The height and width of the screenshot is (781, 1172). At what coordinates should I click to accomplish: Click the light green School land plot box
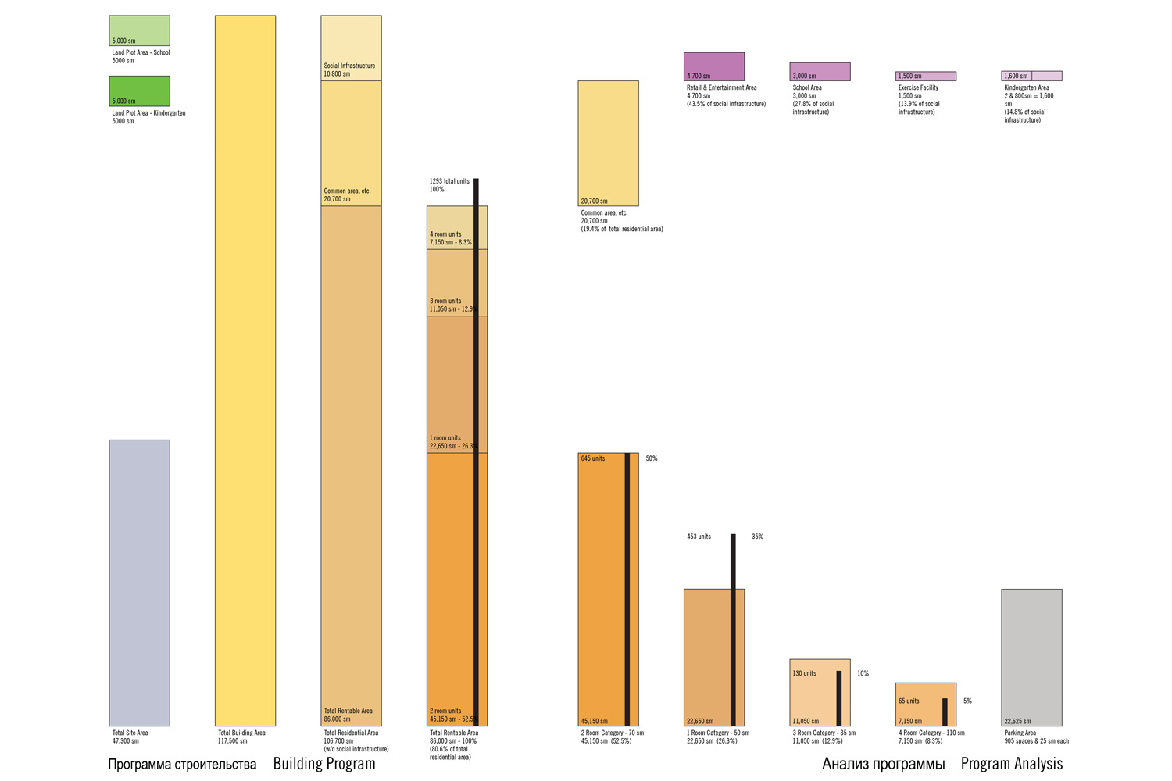[x=139, y=30]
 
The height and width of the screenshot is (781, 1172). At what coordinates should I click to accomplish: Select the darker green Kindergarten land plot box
[x=139, y=91]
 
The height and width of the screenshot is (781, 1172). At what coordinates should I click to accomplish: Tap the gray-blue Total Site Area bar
[x=139, y=583]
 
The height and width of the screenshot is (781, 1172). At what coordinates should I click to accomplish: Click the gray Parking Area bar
[x=1031, y=658]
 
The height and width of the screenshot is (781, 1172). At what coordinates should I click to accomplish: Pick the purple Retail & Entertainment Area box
[x=714, y=66]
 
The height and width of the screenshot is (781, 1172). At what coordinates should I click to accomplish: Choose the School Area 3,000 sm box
[x=820, y=72]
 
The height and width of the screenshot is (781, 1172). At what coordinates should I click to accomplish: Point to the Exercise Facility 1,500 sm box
[x=926, y=77]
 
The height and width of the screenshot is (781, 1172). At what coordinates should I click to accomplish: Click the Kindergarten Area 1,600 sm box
[x=1031, y=77]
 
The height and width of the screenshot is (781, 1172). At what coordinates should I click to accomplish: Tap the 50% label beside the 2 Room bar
[x=652, y=458]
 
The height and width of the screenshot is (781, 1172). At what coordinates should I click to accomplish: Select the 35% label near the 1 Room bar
[x=757, y=537]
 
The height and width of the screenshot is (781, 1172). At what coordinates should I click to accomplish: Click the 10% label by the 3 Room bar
[x=863, y=673]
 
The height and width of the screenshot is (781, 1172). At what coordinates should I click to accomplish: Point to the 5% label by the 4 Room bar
[x=967, y=701]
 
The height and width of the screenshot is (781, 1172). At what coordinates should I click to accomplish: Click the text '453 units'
[x=699, y=537]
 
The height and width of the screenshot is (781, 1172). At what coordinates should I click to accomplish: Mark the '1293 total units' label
[x=449, y=181]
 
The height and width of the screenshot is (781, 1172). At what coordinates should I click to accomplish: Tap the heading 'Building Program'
[x=323, y=764]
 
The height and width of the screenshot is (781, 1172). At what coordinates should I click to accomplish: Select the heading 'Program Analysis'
[x=1011, y=764]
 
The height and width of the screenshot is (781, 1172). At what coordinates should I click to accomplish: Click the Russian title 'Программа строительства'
[x=182, y=764]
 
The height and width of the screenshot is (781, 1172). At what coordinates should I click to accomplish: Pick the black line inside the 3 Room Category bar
[x=839, y=698]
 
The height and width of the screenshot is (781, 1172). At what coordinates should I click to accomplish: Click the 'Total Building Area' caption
[x=241, y=733]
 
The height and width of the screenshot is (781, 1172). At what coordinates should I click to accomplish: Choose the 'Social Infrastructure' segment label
[x=349, y=66]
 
